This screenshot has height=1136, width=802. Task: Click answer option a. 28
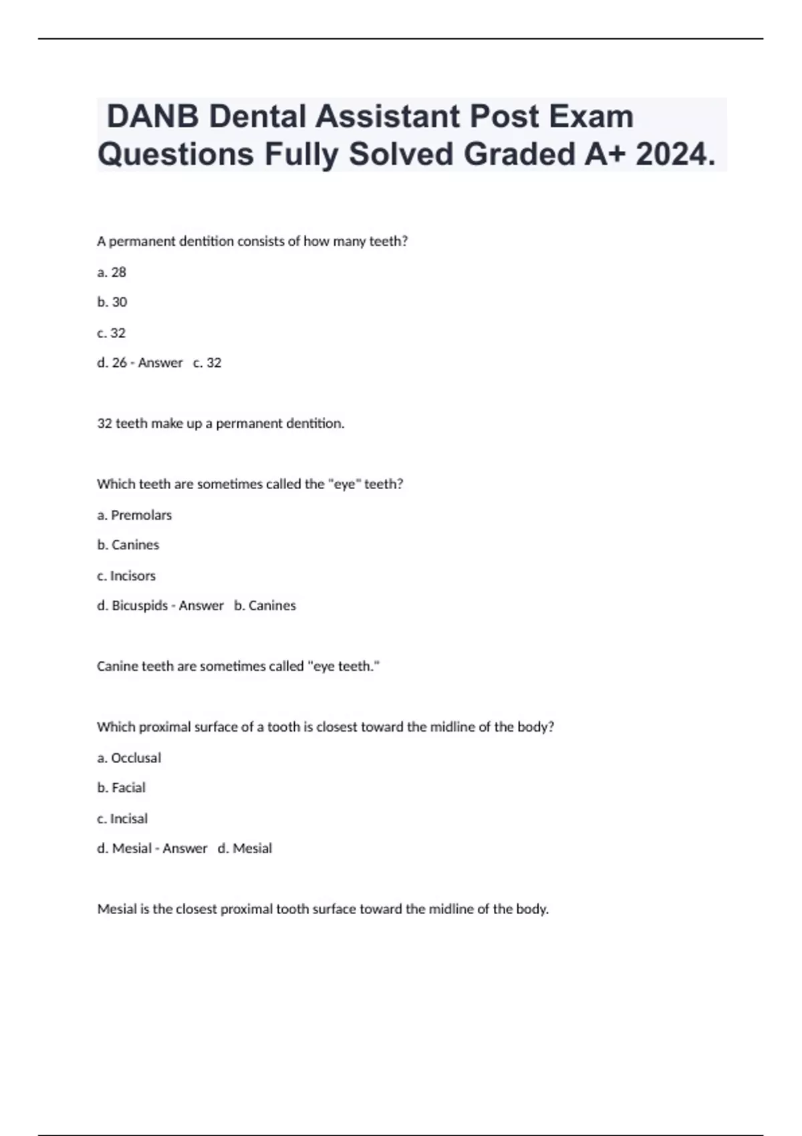click(x=112, y=272)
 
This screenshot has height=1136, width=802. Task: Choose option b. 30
click(x=112, y=302)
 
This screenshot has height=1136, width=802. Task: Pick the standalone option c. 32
click(x=112, y=333)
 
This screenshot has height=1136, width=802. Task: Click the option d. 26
click(x=112, y=363)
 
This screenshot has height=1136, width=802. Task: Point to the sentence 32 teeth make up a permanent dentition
click(x=221, y=424)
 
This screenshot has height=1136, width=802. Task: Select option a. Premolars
click(x=134, y=515)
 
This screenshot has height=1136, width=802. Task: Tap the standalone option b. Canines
click(x=128, y=545)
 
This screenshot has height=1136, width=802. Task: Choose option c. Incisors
click(x=126, y=576)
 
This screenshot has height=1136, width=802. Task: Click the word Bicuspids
click(x=140, y=606)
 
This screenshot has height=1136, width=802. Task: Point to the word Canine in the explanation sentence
click(x=115, y=666)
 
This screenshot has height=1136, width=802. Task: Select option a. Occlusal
click(x=129, y=758)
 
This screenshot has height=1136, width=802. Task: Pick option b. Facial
click(x=121, y=788)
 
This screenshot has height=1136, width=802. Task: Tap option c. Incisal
click(x=122, y=819)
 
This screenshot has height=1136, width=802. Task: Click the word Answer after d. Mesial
click(x=185, y=849)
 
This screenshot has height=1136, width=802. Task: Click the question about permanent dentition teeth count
click(x=252, y=241)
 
